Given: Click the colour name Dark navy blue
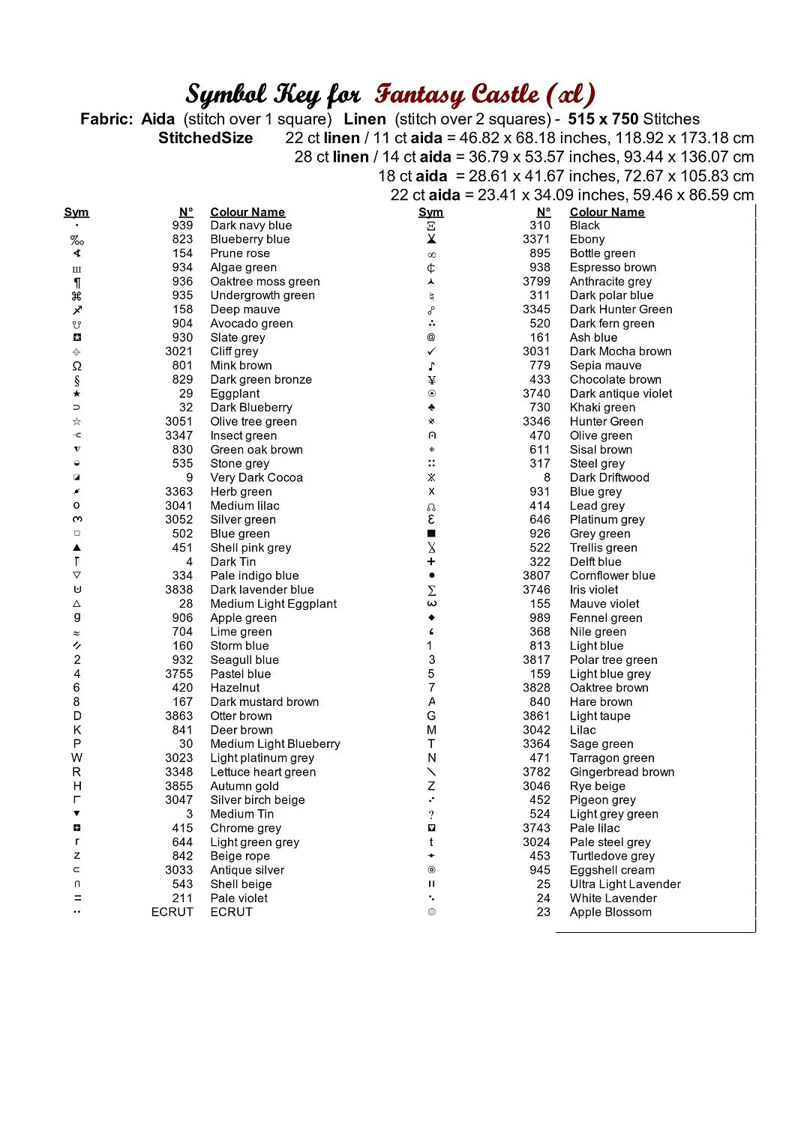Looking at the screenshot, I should (x=250, y=226).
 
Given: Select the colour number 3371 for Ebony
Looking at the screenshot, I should (x=536, y=239).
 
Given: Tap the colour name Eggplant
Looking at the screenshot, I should (x=235, y=393).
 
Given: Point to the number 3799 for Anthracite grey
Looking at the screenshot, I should (x=536, y=282).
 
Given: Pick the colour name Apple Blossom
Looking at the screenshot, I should (x=610, y=912).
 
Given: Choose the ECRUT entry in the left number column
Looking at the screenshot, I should (x=172, y=912).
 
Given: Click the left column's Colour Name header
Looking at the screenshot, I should (x=247, y=212).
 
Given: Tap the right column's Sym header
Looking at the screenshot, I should (x=430, y=212).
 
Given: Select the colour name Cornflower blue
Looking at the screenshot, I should (x=612, y=575).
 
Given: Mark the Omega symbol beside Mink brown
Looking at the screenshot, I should (x=76, y=366).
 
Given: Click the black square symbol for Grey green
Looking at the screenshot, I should (x=431, y=534).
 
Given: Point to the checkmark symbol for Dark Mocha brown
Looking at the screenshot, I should (x=431, y=351).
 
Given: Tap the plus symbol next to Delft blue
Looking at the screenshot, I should (x=431, y=562).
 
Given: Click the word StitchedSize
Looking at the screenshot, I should (x=205, y=138).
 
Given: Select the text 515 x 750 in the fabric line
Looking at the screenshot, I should (x=603, y=119).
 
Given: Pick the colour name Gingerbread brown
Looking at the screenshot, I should (x=622, y=772).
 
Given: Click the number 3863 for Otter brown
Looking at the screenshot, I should (x=179, y=716).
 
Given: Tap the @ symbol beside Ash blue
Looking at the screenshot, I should (x=431, y=337).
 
